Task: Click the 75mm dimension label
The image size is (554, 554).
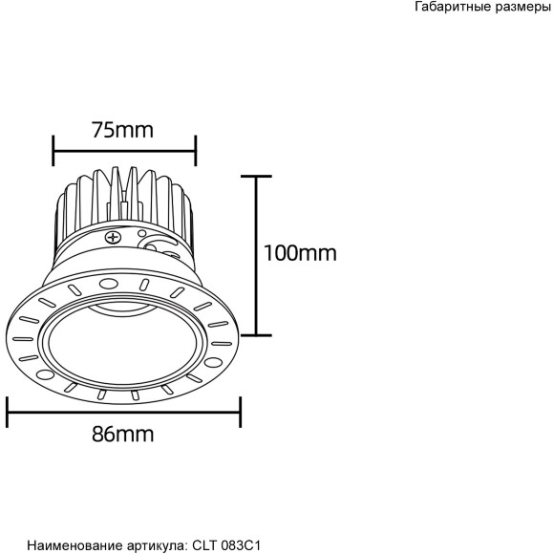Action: (122, 130)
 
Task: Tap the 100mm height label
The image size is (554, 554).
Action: (301, 253)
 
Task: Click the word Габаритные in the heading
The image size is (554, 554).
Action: (453, 8)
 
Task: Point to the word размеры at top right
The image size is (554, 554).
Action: (522, 8)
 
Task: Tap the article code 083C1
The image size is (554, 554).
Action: (239, 545)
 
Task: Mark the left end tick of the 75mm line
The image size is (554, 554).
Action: (53, 149)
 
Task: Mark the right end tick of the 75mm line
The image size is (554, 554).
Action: (196, 149)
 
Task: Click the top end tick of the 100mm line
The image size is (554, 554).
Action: (255, 176)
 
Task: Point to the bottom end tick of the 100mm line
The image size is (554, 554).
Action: (255, 335)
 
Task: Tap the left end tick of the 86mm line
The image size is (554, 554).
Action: (8, 413)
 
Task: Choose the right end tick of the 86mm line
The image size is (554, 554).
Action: (240, 413)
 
